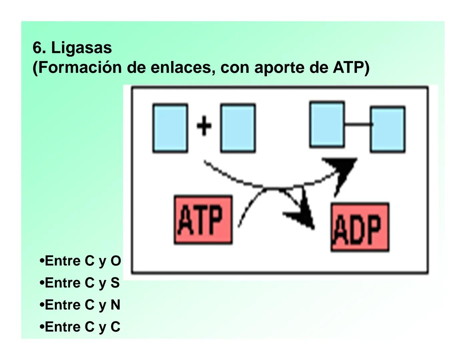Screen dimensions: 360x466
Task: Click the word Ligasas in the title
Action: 81,48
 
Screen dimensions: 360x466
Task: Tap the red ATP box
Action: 203,220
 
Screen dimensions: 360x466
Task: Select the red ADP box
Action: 360,227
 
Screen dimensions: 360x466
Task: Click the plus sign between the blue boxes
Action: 204,127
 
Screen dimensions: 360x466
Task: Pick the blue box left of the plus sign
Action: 170,128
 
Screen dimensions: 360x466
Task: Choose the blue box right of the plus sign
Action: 238,128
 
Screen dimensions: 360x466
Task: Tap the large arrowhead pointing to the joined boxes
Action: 342,168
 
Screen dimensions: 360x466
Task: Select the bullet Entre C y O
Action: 80,261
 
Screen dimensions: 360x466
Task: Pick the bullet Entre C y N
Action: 80,305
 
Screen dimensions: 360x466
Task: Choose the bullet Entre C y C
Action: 80,327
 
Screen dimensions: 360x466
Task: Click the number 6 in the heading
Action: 37,48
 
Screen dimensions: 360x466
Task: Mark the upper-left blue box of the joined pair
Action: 327,124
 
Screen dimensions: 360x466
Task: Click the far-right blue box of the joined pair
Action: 388,129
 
